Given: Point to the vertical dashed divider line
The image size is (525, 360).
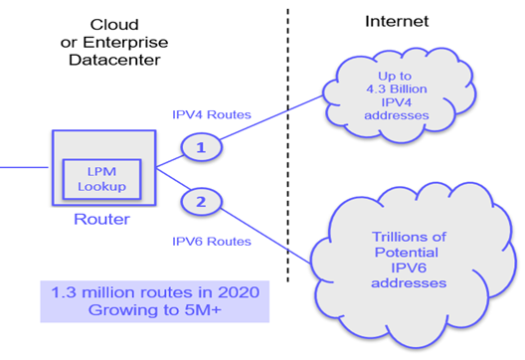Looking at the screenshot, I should pyautogui.click(x=288, y=149).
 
